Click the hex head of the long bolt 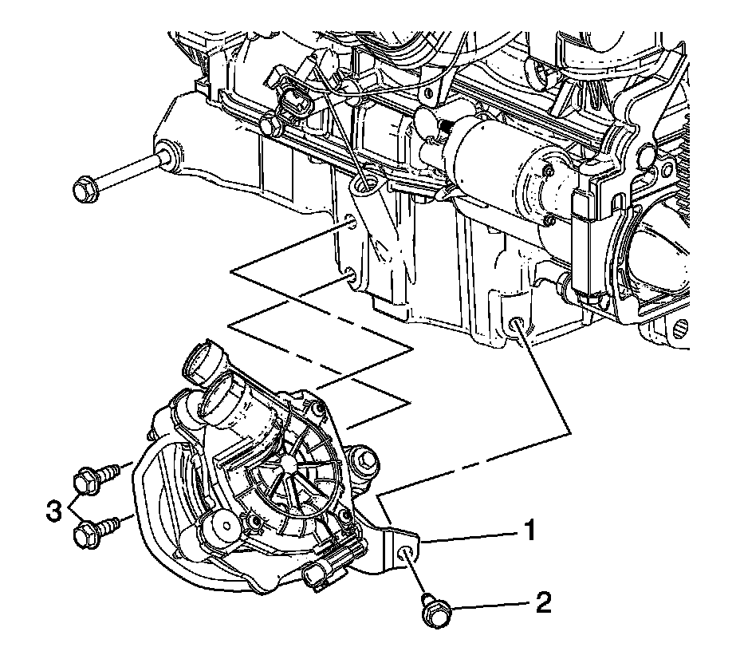pos(83,190)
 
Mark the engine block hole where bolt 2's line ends pos(517,325)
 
